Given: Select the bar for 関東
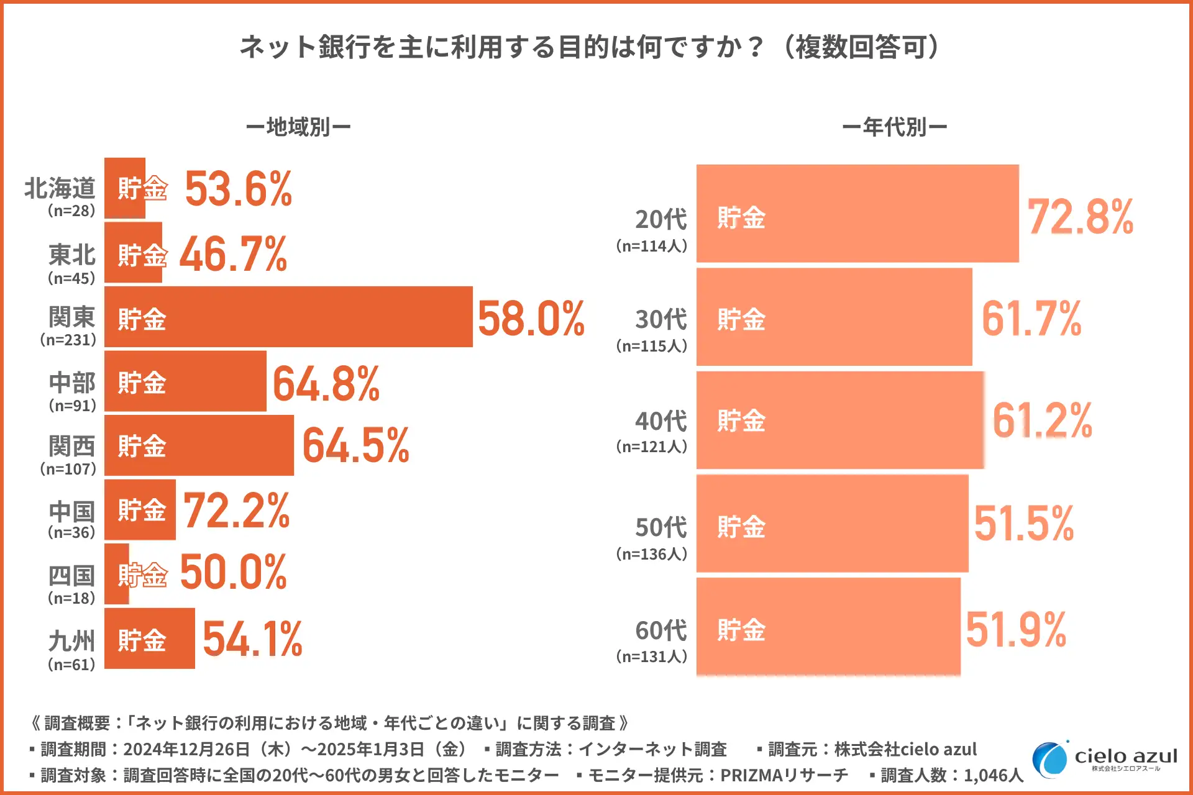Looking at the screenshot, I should (288, 317).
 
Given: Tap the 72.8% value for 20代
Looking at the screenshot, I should (1081, 217).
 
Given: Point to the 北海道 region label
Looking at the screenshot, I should (60, 188).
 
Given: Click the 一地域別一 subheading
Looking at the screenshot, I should (298, 127).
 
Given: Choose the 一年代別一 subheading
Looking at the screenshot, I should (894, 127).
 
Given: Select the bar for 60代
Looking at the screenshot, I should (828, 626).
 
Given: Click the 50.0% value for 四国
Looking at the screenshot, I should (234, 572).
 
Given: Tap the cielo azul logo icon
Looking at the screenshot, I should (1049, 759).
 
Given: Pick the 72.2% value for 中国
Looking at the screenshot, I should (237, 511).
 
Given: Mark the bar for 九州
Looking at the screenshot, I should (150, 638).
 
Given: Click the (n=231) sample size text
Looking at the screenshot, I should (68, 340).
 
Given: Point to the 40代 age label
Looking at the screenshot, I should (660, 421).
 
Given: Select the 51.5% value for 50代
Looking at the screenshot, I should (1024, 524).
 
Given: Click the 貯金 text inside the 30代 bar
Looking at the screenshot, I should (741, 319).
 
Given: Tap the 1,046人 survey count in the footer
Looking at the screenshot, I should (993, 775).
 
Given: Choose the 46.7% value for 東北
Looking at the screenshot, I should (234, 255).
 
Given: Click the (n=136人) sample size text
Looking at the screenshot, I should (652, 553).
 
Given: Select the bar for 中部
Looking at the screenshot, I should (185, 381).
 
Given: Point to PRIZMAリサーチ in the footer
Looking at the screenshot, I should (784, 775).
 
